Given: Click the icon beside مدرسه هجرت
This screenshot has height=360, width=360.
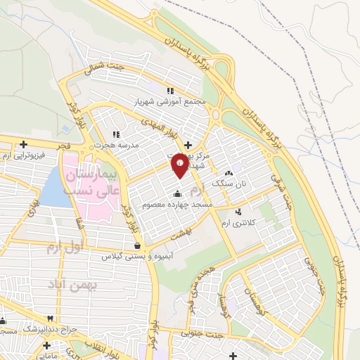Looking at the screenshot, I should (x=117, y=134).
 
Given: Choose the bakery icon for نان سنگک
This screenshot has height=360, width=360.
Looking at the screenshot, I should (x=228, y=173).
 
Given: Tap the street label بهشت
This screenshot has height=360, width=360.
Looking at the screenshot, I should (x=186, y=240).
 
